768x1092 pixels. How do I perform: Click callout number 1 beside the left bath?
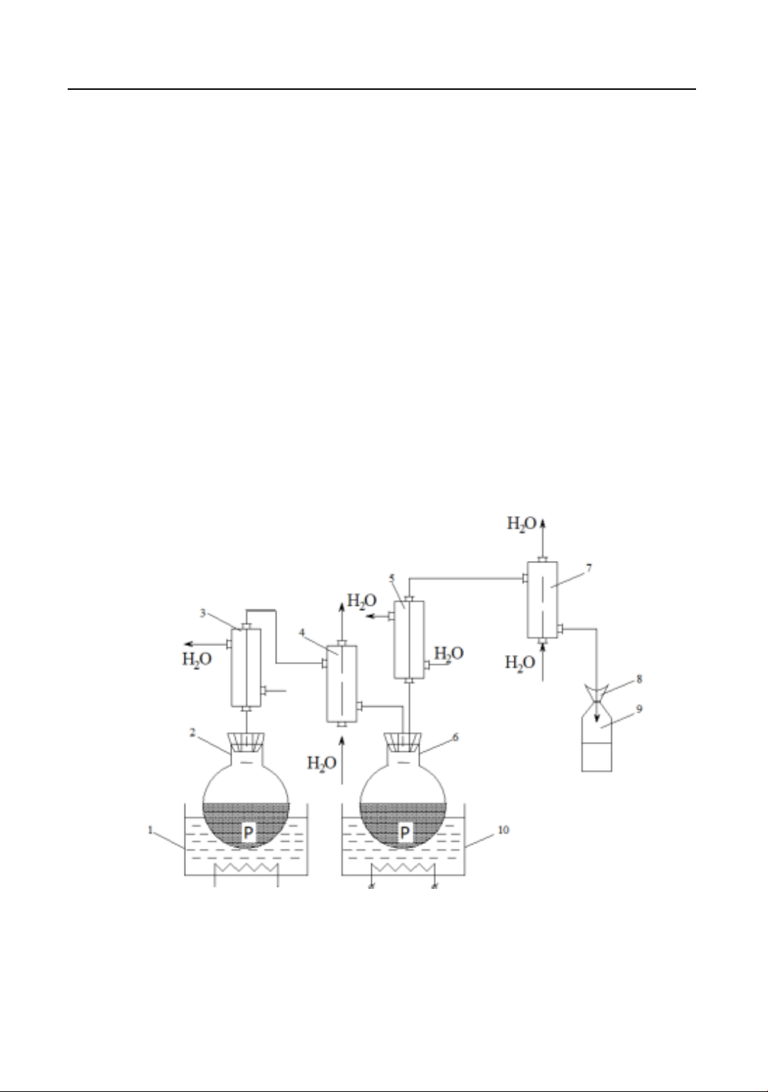pyautogui.click(x=150, y=830)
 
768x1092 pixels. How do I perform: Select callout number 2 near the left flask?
pyautogui.click(x=192, y=732)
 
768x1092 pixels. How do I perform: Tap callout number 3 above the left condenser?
pyautogui.click(x=203, y=613)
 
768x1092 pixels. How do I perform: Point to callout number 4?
pyautogui.click(x=301, y=633)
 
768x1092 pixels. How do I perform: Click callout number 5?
pyautogui.click(x=392, y=579)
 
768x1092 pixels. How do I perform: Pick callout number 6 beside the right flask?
pyautogui.click(x=456, y=737)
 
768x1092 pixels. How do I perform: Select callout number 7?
pyautogui.click(x=588, y=568)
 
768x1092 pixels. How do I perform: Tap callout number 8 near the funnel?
pyautogui.click(x=639, y=679)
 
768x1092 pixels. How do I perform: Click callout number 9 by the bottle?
pyautogui.click(x=639, y=709)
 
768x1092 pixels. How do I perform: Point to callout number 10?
pyautogui.click(x=504, y=830)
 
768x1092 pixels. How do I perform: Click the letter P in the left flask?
pyautogui.click(x=249, y=832)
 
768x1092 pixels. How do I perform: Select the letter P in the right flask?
pyautogui.click(x=405, y=832)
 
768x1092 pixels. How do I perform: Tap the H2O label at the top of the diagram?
pyautogui.click(x=521, y=524)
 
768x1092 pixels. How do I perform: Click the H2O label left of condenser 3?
pyautogui.click(x=197, y=660)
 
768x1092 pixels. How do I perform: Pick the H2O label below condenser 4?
pyautogui.click(x=321, y=763)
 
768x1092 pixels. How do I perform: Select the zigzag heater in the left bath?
pyautogui.click(x=246, y=867)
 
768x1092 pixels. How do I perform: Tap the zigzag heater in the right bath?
pyautogui.click(x=403, y=867)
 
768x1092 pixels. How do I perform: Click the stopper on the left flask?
pyautogui.click(x=246, y=742)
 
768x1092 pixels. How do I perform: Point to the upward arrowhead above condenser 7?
pyautogui.click(x=544, y=524)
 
